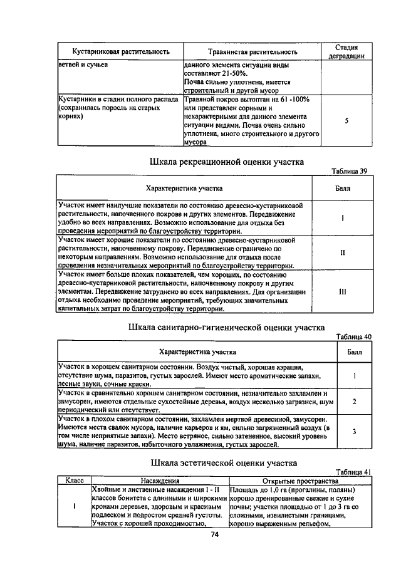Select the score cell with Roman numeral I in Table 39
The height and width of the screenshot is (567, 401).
(x=343, y=218)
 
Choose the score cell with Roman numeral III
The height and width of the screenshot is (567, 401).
(x=343, y=291)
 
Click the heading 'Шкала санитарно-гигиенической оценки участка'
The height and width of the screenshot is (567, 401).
(x=226, y=327)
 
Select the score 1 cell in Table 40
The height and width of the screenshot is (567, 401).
(x=354, y=375)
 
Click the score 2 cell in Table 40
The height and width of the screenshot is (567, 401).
(x=354, y=401)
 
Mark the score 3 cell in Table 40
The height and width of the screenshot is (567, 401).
(x=354, y=431)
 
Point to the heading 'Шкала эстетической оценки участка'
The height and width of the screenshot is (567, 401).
(x=224, y=464)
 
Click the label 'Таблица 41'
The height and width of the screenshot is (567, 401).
(x=353, y=472)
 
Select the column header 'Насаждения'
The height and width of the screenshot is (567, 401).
(x=160, y=481)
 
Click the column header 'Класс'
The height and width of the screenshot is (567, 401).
(x=75, y=481)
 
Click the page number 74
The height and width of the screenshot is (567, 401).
(x=214, y=534)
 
